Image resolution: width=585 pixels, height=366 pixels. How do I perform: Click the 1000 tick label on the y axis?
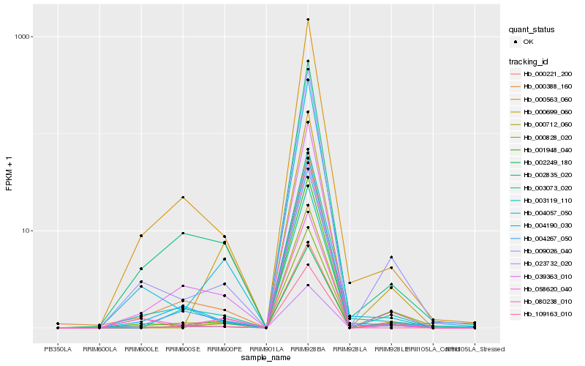click(x=19, y=37)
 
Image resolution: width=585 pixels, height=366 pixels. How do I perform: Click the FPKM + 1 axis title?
click(x=9, y=173)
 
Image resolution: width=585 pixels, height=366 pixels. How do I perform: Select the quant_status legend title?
click(x=532, y=29)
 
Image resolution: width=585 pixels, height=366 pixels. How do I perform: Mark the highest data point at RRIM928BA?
click(x=308, y=20)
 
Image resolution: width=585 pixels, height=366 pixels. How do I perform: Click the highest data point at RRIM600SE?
click(x=183, y=197)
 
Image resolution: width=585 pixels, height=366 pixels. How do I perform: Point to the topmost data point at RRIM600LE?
click(x=141, y=236)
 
